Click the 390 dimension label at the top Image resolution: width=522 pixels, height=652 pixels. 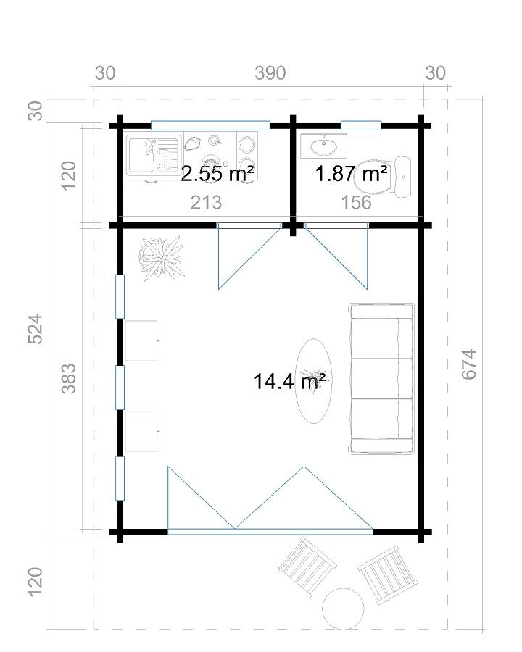coord(270,73)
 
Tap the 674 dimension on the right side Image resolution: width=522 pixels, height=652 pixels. coord(469,364)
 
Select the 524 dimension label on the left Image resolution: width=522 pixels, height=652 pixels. coord(35,329)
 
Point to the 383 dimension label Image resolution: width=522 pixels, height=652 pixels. coord(69,378)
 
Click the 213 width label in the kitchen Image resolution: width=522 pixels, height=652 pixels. coord(206,203)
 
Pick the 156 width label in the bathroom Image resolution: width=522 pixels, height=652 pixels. coord(356,203)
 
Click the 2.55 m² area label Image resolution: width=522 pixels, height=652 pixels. coord(217,173)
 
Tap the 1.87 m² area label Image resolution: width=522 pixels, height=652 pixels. coord(352,173)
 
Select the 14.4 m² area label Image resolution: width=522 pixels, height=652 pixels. coord(290,381)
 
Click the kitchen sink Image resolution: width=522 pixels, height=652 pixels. coord(154,156)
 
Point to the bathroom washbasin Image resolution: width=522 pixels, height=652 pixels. coord(323,146)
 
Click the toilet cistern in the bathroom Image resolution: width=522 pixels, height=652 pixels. coord(403,177)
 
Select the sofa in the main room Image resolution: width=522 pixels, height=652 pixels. coord(381,378)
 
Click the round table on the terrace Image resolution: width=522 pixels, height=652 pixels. coord(343,609)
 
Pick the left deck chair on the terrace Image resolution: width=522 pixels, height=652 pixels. coord(307,566)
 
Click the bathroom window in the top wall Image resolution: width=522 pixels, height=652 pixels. coord(361,125)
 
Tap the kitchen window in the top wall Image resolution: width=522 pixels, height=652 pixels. coord(210,125)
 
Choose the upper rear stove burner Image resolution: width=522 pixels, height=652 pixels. coord(246,145)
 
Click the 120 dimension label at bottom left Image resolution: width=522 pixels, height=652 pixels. coord(35,581)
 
